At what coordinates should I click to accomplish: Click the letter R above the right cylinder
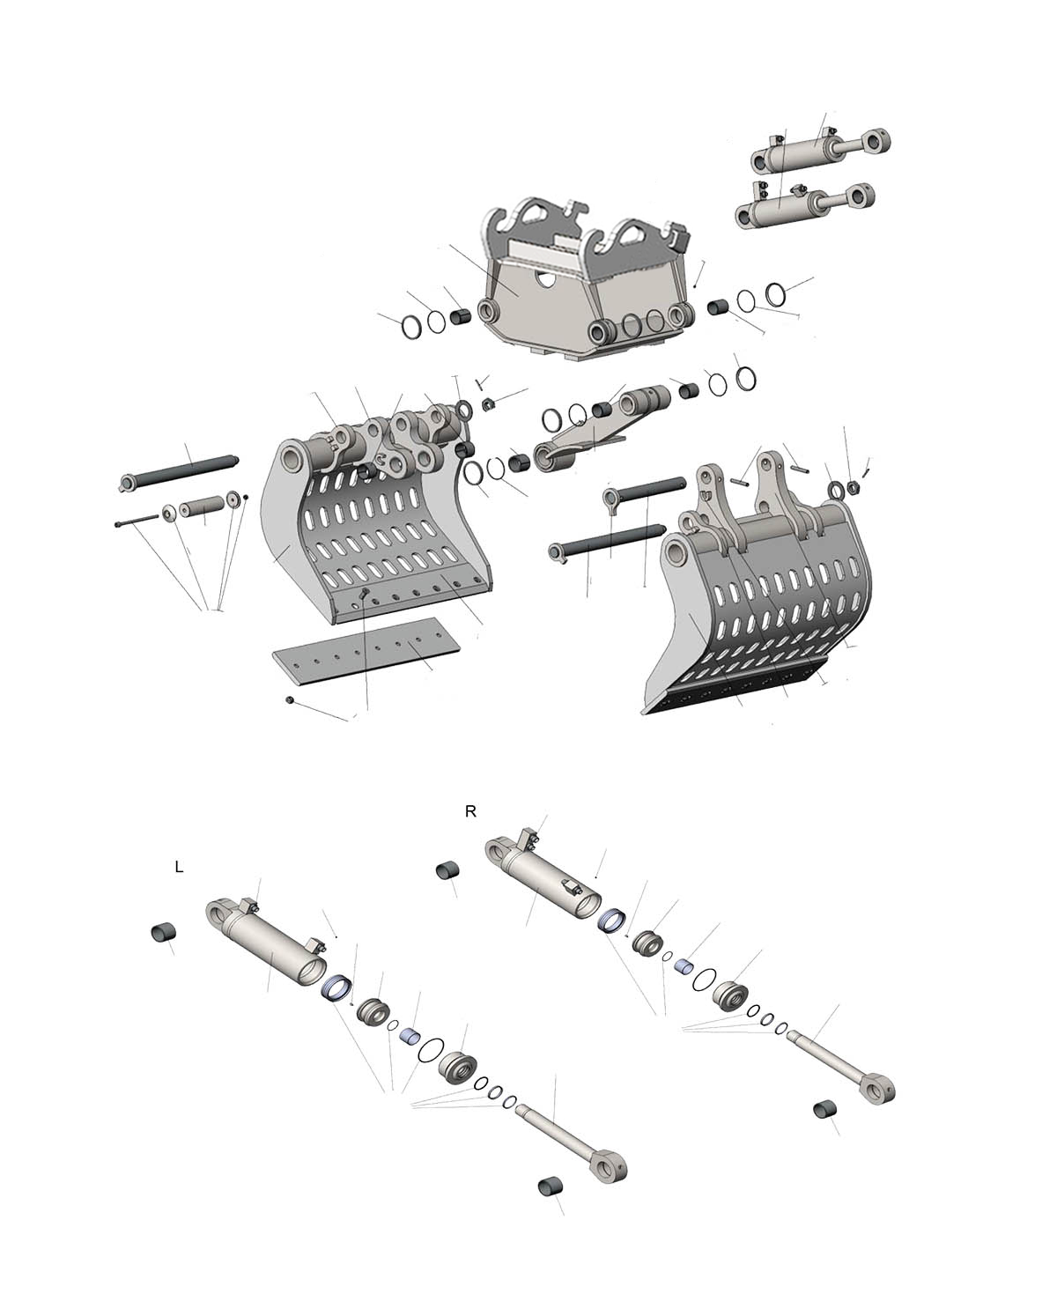[470, 811]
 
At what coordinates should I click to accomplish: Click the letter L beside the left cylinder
[179, 867]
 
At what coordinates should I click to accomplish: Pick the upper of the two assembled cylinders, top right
[821, 151]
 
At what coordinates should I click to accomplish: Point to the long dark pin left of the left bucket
[179, 472]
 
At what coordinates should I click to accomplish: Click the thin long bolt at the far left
[137, 521]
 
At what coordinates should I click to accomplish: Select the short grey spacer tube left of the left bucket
[203, 507]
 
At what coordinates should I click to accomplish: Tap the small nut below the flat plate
[290, 699]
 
